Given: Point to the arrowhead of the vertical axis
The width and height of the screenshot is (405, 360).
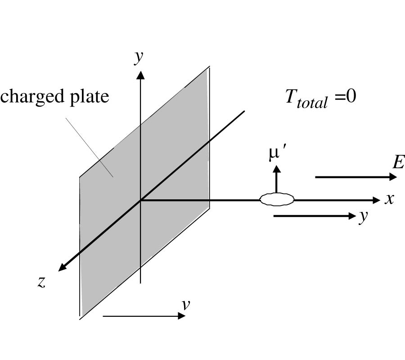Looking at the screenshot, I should click(x=141, y=74).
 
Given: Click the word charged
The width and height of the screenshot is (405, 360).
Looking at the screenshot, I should click(x=30, y=96).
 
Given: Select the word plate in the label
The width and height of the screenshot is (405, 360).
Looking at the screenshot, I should click(x=86, y=96).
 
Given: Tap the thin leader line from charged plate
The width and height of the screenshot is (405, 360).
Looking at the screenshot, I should click(x=90, y=146).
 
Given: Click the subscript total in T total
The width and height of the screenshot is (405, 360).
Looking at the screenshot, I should click(x=315, y=103).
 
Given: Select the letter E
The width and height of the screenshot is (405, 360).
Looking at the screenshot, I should click(x=398, y=162).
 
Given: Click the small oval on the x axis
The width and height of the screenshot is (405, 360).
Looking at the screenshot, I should click(x=277, y=199).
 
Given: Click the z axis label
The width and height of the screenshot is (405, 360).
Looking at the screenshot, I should click(x=41, y=282).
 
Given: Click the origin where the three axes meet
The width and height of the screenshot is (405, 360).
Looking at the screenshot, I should click(x=141, y=200).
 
